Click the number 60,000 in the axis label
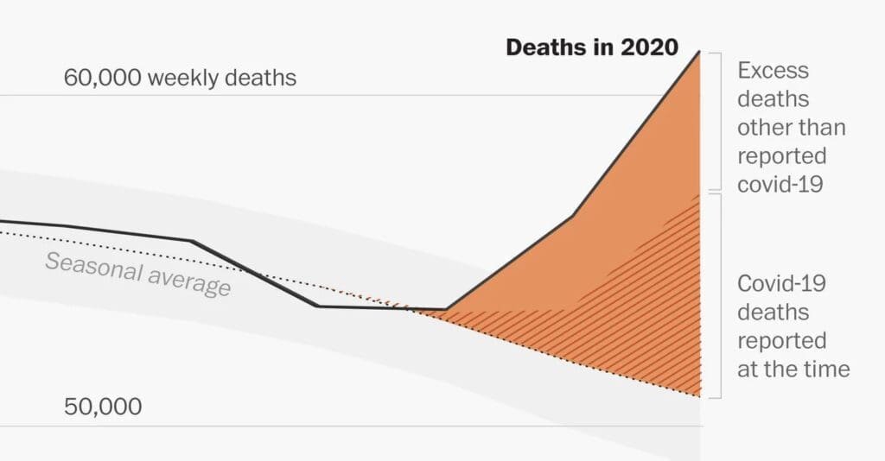pos(102,78)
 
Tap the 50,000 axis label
pos(103,407)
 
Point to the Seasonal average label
pos(138,274)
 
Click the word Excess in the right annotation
pos(773,70)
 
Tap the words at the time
pos(793,369)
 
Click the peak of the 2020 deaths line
pos(699,52)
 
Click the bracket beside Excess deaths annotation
pos(715,121)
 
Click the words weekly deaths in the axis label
pos(222,78)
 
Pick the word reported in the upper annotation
pos(781,156)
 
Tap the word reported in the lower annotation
pos(781,341)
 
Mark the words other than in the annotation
pos(791,128)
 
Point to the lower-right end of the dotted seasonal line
pos(698,396)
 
